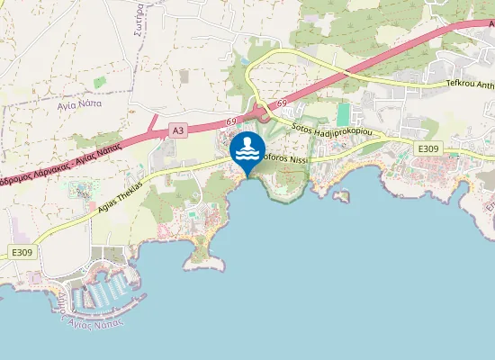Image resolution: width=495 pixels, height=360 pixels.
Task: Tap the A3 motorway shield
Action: (x=178, y=130)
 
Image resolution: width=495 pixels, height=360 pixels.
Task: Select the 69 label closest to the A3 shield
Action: (x=231, y=121)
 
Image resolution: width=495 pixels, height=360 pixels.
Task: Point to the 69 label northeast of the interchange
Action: (x=282, y=104)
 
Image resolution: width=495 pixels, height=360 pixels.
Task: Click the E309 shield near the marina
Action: (x=22, y=253)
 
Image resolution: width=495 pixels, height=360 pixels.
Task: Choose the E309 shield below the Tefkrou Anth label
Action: (x=427, y=148)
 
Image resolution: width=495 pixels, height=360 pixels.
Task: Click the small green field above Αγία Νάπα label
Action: (x=99, y=83)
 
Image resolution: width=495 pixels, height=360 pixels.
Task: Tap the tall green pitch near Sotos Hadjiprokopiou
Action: (x=343, y=114)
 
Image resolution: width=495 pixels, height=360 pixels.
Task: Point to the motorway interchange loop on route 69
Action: (x=261, y=112)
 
